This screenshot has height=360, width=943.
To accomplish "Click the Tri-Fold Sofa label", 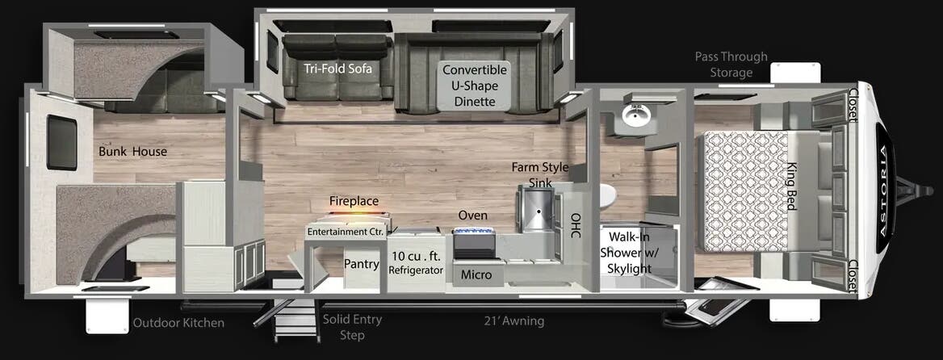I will (x=337, y=69).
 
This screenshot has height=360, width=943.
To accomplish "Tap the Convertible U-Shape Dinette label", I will (x=475, y=86).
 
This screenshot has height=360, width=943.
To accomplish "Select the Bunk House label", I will (x=133, y=151).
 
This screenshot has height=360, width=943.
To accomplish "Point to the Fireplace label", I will (x=354, y=201).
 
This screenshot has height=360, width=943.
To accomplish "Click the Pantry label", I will (x=362, y=264).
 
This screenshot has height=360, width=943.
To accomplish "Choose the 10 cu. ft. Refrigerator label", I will (x=416, y=263).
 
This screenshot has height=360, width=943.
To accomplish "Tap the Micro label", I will (x=476, y=275).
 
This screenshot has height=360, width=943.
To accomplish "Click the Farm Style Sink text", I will (x=539, y=175).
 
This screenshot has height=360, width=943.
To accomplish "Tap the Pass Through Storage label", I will (x=731, y=65).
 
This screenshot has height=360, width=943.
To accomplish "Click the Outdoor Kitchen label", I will (x=178, y=324).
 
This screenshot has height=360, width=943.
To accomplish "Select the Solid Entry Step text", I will (x=352, y=327).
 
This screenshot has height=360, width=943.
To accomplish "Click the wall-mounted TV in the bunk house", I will (x=61, y=142).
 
